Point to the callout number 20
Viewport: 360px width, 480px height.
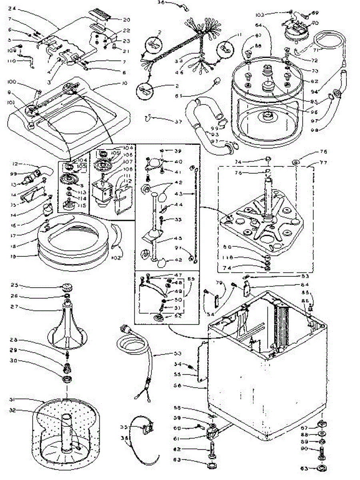coord(126,20)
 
